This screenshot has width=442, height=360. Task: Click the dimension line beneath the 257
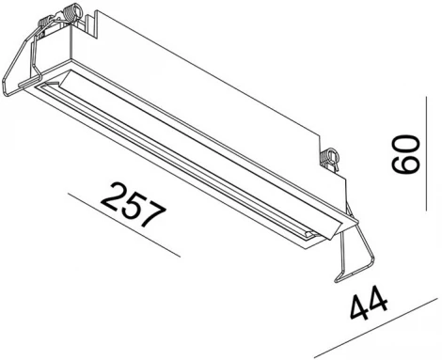pyautogui.click(x=122, y=227)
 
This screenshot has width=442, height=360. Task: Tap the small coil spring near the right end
pyautogui.click(x=330, y=157)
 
